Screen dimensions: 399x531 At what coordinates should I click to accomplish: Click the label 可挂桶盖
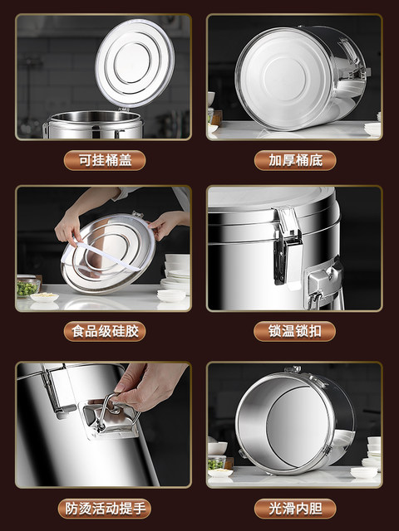pos(105,160)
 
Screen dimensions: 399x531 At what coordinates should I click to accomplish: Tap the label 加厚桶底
pos(295,160)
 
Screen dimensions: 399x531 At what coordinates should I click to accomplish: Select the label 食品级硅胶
pos(105,331)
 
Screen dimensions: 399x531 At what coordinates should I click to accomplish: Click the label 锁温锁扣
pos(294,331)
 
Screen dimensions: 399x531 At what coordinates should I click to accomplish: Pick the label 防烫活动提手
pos(105,509)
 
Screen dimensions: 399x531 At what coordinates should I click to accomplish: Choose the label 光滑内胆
pos(295,509)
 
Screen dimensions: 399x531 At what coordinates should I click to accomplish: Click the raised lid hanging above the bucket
pos(135,63)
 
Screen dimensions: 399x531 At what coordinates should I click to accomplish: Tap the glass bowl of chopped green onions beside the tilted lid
pos(27,288)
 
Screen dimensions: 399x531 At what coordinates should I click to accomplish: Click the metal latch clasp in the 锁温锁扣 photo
pos(288,246)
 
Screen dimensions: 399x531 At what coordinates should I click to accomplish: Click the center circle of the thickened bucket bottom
pos(284,76)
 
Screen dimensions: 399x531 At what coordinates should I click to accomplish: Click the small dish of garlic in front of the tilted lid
pos(44,297)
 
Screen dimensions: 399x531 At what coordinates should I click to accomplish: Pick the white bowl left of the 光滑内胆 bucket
pos(218,448)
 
